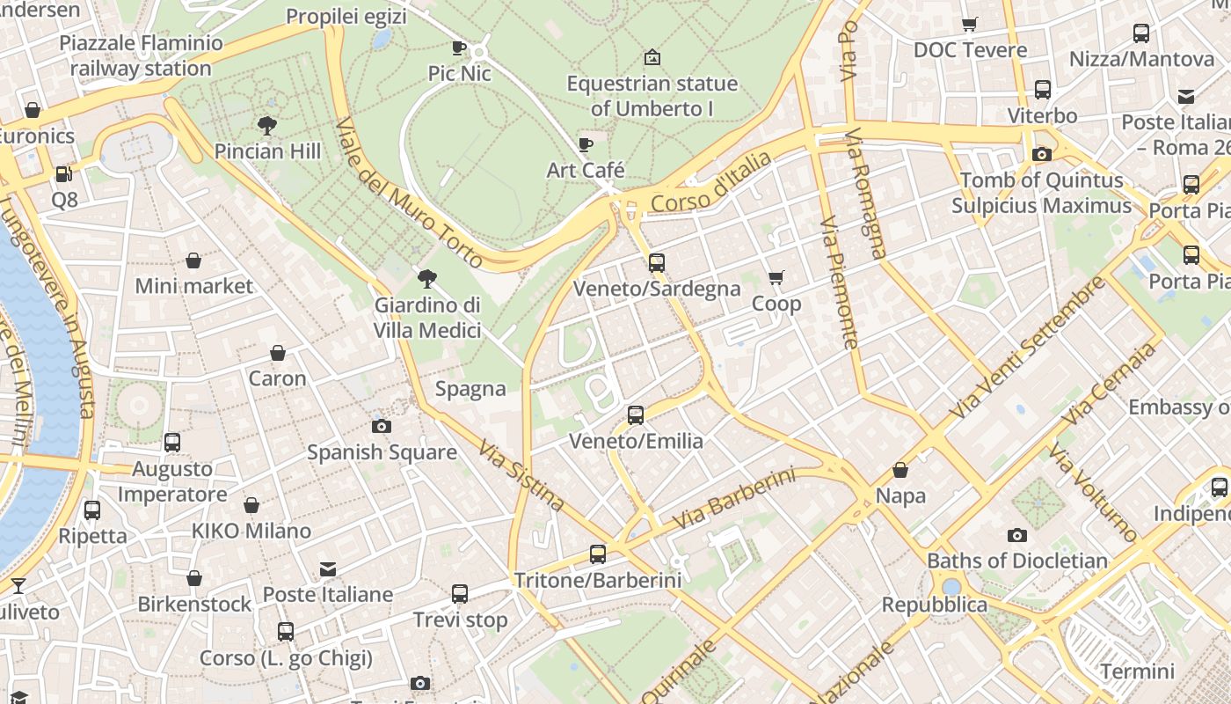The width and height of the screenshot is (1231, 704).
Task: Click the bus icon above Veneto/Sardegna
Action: pos(656,262)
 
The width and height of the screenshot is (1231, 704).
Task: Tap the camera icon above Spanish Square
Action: pos(381,426)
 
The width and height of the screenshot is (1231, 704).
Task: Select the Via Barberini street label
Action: pos(733,499)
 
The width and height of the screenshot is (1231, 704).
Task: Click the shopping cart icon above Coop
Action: pos(776,278)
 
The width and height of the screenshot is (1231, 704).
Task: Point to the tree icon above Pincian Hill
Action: pos(267,126)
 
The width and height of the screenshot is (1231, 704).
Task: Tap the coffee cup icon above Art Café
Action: pos(586,144)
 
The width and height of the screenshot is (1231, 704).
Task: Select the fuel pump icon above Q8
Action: pos(64,174)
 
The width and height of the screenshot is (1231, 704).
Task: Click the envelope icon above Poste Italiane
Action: pos(328,569)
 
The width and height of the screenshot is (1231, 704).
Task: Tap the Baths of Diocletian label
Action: pos(1017,561)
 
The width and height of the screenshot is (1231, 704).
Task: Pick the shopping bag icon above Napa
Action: pos(900,470)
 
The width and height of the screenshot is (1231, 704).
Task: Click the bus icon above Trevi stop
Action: pos(460,594)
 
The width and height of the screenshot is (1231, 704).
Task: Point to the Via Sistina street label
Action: pos(521,475)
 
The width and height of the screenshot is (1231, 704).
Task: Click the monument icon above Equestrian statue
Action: pos(652,58)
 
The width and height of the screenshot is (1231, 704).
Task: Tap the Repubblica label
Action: pos(935,605)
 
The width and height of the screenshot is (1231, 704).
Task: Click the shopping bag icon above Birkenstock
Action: pos(194,578)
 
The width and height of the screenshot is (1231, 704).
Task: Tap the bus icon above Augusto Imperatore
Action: pos(172,443)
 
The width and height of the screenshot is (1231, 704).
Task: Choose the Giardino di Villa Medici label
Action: pos(427,318)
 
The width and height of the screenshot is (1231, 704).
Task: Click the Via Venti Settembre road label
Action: pos(1027,348)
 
